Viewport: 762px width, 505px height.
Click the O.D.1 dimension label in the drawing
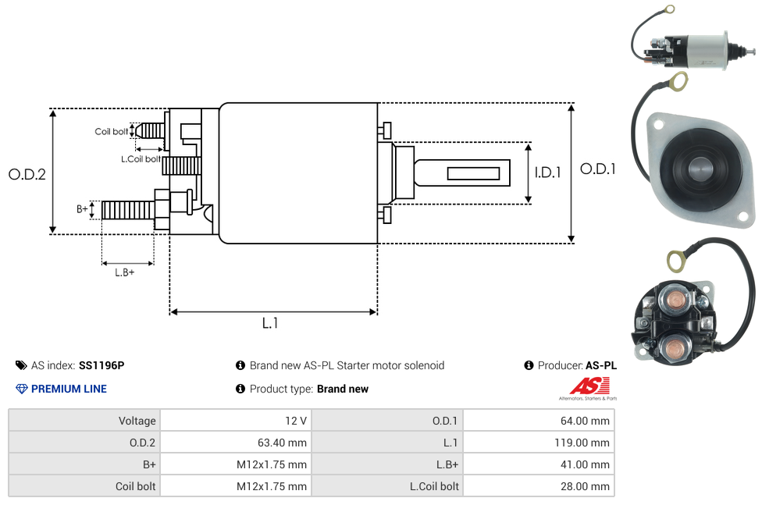(598, 169)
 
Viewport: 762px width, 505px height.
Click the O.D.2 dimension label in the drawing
(27, 174)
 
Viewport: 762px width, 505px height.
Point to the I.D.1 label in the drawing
(548, 173)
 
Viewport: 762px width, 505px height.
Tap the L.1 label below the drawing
(270, 323)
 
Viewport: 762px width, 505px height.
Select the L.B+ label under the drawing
(125, 272)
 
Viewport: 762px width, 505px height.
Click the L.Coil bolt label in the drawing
(141, 159)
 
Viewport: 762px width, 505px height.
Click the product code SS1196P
(101, 365)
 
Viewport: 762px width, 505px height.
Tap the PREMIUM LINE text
(69, 389)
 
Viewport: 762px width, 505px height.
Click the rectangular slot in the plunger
(474, 172)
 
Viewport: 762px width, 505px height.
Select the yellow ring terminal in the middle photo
(678, 80)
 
